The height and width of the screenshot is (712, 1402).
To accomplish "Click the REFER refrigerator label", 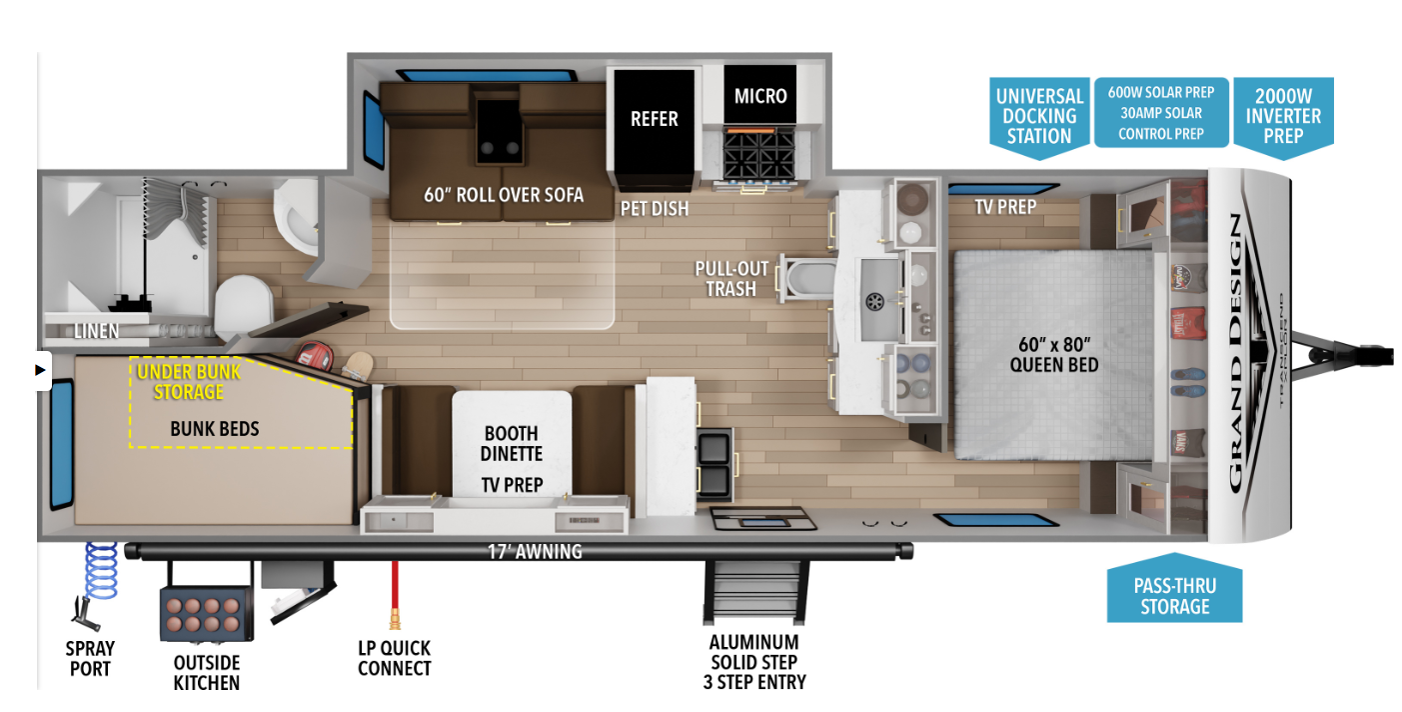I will pyautogui.click(x=654, y=119).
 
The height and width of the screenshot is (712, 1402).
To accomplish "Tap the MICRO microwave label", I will pyautogui.click(x=760, y=96).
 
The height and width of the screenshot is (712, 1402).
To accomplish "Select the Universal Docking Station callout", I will pyautogui.click(x=1039, y=116).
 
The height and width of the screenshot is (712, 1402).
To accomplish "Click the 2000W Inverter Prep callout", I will pyautogui.click(x=1283, y=116).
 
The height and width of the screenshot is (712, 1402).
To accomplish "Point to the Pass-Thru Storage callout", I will pyautogui.click(x=1174, y=594).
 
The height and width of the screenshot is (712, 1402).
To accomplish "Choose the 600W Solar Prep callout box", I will pyautogui.click(x=1160, y=112).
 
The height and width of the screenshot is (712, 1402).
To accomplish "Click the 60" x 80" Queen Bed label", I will pyautogui.click(x=1054, y=354).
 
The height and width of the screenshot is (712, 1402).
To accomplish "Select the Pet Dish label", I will pyautogui.click(x=655, y=209).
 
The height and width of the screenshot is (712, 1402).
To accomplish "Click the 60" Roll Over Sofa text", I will pyautogui.click(x=503, y=194).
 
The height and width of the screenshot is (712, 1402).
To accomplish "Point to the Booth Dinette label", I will pyautogui.click(x=512, y=443).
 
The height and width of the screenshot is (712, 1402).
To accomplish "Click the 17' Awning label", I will pyautogui.click(x=535, y=551).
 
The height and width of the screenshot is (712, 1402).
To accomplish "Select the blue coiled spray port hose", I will pyautogui.click(x=101, y=569).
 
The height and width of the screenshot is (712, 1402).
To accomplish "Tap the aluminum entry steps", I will pyautogui.click(x=754, y=589).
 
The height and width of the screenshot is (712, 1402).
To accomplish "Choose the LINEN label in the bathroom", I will pyautogui.click(x=96, y=331).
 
